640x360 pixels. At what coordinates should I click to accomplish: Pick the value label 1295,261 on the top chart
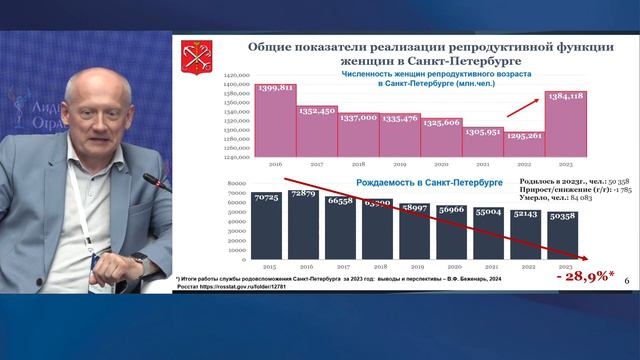coord(523,136)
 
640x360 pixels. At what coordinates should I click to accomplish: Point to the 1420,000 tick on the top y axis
coord(235,76)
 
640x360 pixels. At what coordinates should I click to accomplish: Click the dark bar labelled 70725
coord(265,227)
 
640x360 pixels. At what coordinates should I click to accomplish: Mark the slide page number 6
coord(625,285)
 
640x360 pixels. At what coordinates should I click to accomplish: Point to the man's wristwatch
coord(139,261)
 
